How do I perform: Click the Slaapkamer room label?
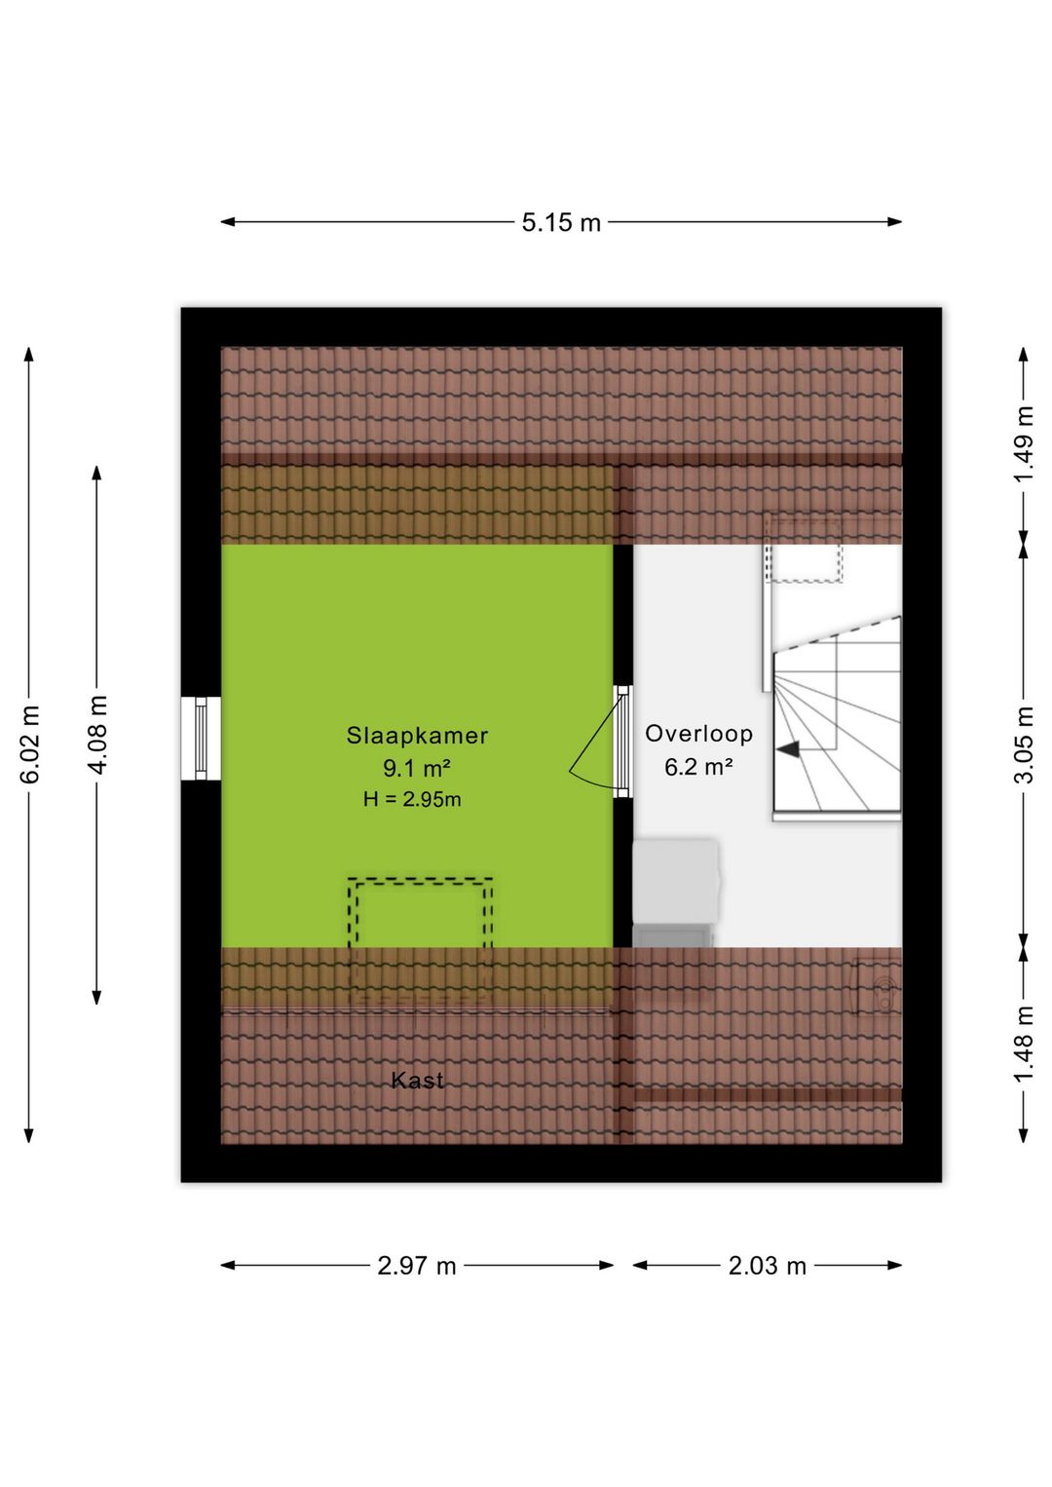click(417, 736)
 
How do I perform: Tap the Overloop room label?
click(699, 734)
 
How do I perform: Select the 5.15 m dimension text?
click(561, 223)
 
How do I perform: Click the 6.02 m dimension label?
click(30, 744)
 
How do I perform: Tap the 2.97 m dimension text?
click(417, 1267)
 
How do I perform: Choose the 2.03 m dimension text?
click(767, 1267)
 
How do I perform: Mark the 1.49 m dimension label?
click(1024, 445)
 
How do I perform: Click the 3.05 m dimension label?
click(1024, 744)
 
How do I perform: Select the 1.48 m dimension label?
click(1024, 1045)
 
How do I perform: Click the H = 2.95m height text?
click(411, 800)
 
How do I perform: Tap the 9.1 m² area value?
click(417, 769)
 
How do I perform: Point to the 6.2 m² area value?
click(699, 768)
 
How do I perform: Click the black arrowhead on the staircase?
click(788, 748)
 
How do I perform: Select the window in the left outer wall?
click(202, 738)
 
